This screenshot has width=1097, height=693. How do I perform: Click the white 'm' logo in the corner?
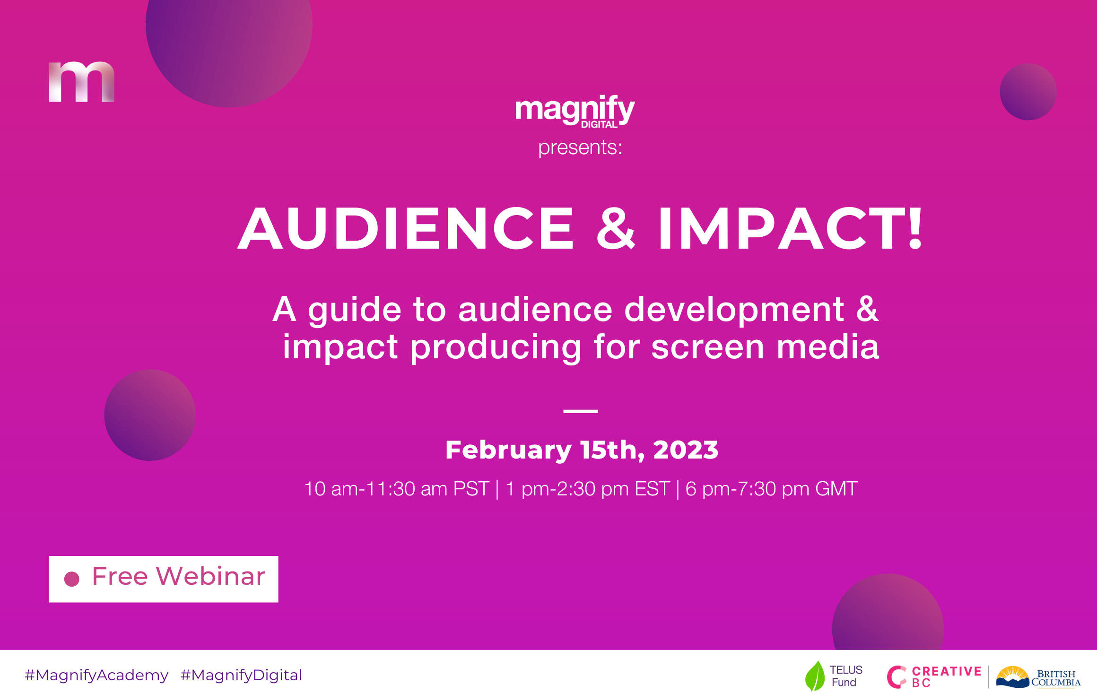(x=81, y=82)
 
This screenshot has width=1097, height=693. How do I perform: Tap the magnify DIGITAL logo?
(x=575, y=112)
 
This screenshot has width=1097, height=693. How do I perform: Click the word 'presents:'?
(x=580, y=148)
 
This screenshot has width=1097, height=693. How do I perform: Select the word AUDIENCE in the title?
(x=407, y=229)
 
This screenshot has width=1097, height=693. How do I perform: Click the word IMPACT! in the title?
(x=790, y=228)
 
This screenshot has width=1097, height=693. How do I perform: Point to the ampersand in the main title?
(x=616, y=229)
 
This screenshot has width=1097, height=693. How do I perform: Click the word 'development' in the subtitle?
(x=734, y=310)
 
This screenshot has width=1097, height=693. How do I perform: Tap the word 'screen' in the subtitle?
(x=707, y=347)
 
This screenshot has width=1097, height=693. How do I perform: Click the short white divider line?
(x=581, y=411)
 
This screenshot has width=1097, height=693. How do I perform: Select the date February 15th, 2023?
(x=582, y=450)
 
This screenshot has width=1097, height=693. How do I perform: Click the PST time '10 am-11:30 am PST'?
(x=396, y=489)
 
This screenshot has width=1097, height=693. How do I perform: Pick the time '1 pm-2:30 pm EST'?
(x=588, y=489)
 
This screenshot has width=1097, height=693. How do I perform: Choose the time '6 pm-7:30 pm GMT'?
(x=771, y=489)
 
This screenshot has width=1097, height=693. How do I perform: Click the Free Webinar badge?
(x=164, y=579)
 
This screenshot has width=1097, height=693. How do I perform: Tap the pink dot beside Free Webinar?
(x=72, y=579)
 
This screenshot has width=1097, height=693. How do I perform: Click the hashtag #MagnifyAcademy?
(x=96, y=676)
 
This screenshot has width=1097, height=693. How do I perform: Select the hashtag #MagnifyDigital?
(x=241, y=676)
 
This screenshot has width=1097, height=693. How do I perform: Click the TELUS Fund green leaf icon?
(x=815, y=676)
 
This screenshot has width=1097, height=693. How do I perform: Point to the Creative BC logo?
(x=934, y=677)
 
